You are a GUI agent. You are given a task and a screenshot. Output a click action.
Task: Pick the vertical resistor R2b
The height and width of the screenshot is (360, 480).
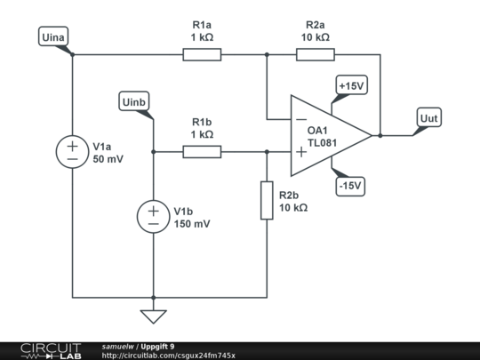click(x=267, y=201)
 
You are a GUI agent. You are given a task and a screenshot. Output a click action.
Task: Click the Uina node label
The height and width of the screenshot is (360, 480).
click(x=53, y=36)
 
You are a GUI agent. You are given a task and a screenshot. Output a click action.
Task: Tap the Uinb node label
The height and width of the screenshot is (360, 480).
click(x=134, y=101)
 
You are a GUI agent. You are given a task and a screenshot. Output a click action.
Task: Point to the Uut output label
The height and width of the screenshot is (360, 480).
click(x=429, y=117)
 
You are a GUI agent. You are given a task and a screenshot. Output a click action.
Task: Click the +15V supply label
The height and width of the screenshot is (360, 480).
click(x=352, y=85)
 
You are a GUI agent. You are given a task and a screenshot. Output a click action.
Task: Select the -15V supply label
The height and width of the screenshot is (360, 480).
click(x=350, y=186)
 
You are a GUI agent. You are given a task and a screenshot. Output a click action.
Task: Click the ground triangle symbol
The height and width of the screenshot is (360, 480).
click(x=154, y=316)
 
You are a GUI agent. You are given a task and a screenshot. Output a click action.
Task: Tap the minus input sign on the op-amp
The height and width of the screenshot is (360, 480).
click(x=301, y=119)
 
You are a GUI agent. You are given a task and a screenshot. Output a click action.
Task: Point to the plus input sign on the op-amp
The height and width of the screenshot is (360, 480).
click(x=301, y=152)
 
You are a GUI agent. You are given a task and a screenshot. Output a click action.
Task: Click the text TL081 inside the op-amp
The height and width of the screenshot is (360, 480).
click(x=322, y=143)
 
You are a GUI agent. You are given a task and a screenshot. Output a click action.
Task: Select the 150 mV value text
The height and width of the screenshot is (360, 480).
click(x=192, y=224)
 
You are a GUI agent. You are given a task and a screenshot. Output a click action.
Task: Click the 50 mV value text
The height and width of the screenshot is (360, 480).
click(x=108, y=159)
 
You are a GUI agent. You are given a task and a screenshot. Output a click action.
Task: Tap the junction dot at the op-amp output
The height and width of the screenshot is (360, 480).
click(x=380, y=135)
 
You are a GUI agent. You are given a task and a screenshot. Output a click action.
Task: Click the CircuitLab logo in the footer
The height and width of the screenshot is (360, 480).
click(x=51, y=351)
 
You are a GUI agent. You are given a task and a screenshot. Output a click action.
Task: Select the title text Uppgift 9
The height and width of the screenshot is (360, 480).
click(x=157, y=347)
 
